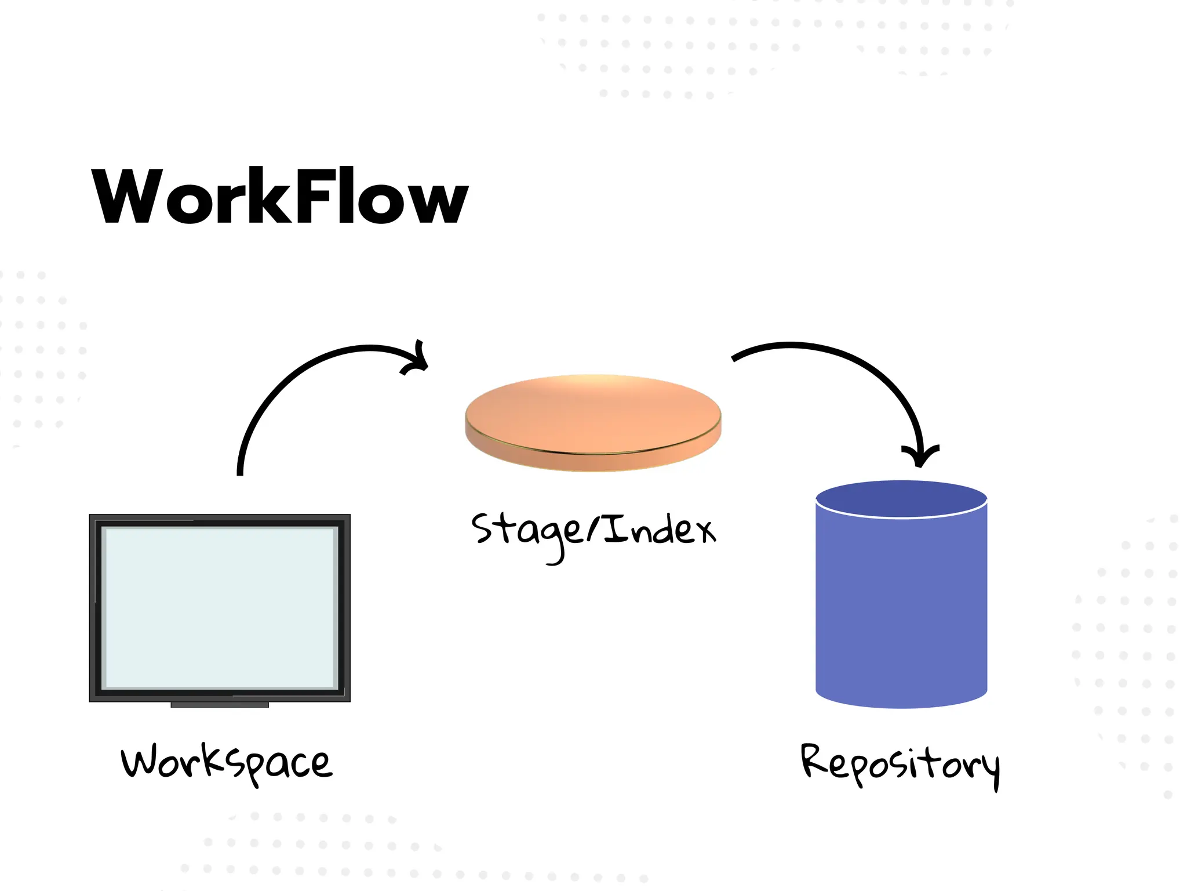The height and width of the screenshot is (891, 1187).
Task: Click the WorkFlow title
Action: pyautogui.click(x=280, y=196)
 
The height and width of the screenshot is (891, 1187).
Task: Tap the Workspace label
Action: pyautogui.click(x=227, y=763)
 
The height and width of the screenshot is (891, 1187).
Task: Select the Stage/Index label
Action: pyautogui.click(x=593, y=531)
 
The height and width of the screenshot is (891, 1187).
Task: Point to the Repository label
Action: pyautogui.click(x=900, y=765)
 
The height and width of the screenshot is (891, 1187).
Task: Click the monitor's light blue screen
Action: pyautogui.click(x=220, y=607)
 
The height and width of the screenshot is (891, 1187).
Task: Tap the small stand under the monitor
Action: pyautogui.click(x=220, y=705)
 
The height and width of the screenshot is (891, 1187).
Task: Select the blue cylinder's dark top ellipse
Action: pyautogui.click(x=901, y=498)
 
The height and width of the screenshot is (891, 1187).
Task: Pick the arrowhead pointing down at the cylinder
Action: pyautogui.click(x=920, y=456)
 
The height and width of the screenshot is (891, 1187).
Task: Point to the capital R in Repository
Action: pyautogui.click(x=814, y=760)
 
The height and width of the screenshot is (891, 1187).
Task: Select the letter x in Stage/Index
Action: pyautogui.click(x=705, y=531)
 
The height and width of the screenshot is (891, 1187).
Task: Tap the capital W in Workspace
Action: pyautogui.click(x=140, y=762)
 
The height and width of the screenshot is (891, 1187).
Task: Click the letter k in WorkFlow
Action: pyautogui.click(x=269, y=196)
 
